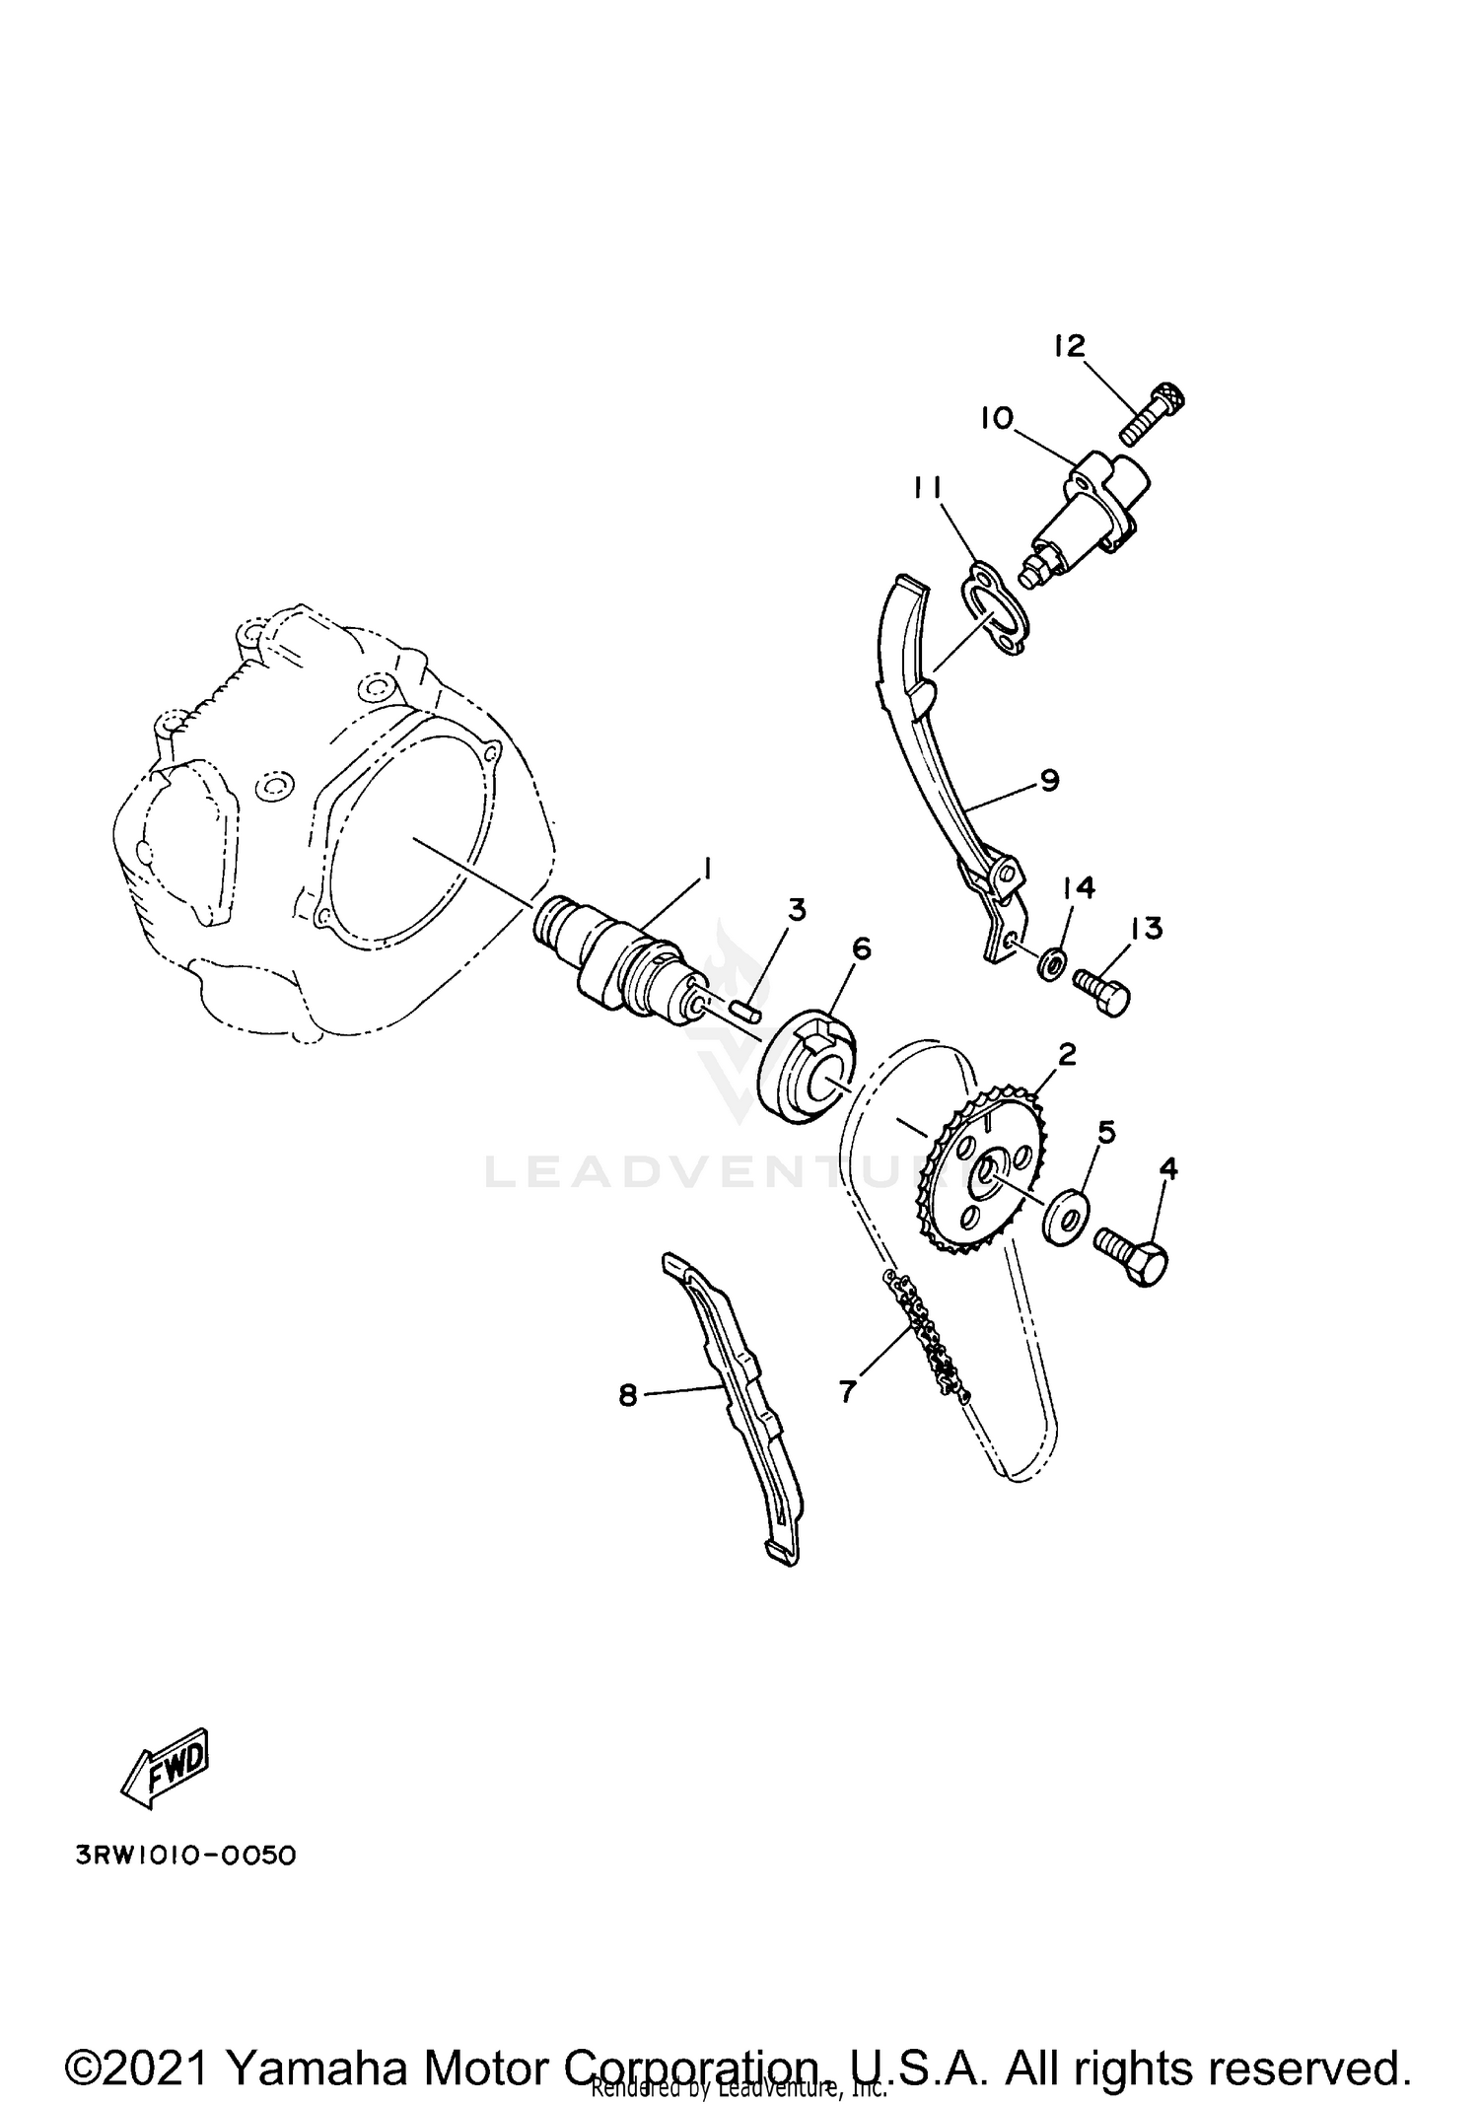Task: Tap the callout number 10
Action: click(996, 419)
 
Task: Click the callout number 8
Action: click(628, 1396)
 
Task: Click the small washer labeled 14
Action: click(1052, 960)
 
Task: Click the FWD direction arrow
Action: click(164, 1768)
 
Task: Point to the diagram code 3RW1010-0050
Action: click(185, 1856)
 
